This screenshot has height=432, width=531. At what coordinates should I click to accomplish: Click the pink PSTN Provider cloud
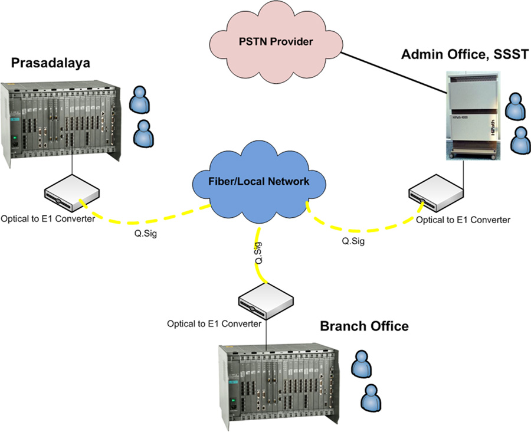click(x=276, y=42)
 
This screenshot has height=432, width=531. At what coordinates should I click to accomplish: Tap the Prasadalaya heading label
click(x=50, y=63)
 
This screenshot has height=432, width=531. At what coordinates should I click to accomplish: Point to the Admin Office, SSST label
click(x=464, y=55)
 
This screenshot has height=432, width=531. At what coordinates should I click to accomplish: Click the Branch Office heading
click(x=364, y=326)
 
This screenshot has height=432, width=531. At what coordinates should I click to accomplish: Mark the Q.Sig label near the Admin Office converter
click(x=354, y=241)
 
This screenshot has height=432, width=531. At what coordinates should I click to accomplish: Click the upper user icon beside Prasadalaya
click(x=140, y=100)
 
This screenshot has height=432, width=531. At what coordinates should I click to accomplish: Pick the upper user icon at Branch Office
click(x=360, y=365)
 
